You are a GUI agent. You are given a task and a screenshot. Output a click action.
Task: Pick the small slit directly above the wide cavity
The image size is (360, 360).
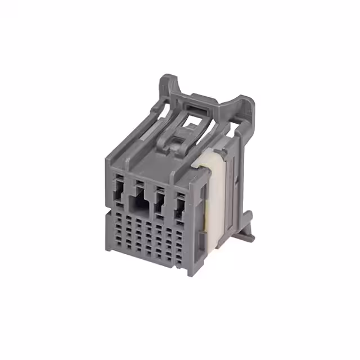tap(138, 183)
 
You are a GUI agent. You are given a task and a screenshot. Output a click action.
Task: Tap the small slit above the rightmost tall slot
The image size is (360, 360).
tap(181, 195)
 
